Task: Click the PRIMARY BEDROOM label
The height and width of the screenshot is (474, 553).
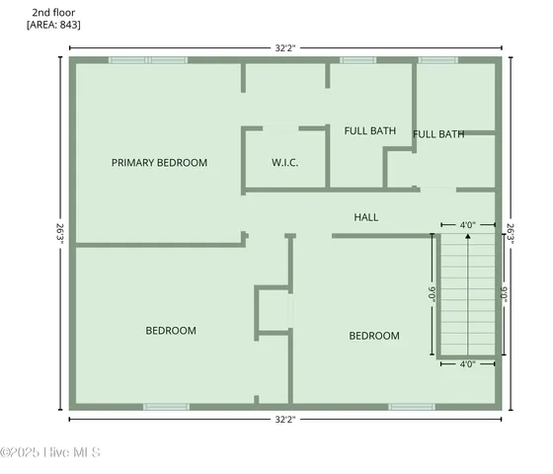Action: point(159,163)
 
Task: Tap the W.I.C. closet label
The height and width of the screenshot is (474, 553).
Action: point(285,163)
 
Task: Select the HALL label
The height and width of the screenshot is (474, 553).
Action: point(365,217)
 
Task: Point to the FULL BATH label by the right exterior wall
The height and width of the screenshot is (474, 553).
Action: point(438,134)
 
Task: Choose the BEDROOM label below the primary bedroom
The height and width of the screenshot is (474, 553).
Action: point(171,331)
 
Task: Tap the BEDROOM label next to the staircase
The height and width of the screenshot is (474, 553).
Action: point(374,336)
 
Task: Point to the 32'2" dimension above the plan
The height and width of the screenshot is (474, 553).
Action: point(284,45)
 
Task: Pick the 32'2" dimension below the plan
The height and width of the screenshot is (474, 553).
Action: point(284,420)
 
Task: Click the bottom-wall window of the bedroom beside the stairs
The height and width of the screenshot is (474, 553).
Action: point(411,406)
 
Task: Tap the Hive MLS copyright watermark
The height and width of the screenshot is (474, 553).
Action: point(50,453)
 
